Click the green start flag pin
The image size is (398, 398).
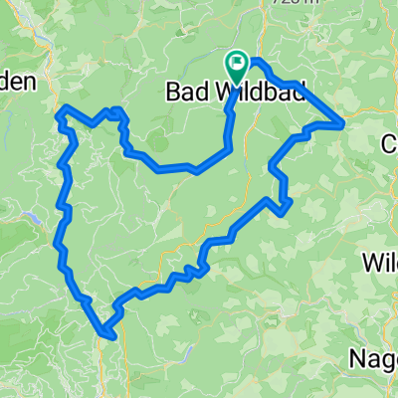(237, 66)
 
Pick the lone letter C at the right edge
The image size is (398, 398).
(390, 144)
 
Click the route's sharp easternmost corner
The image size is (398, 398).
(343, 123)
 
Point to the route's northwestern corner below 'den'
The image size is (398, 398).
(63, 108)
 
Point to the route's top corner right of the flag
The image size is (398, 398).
(261, 63)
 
